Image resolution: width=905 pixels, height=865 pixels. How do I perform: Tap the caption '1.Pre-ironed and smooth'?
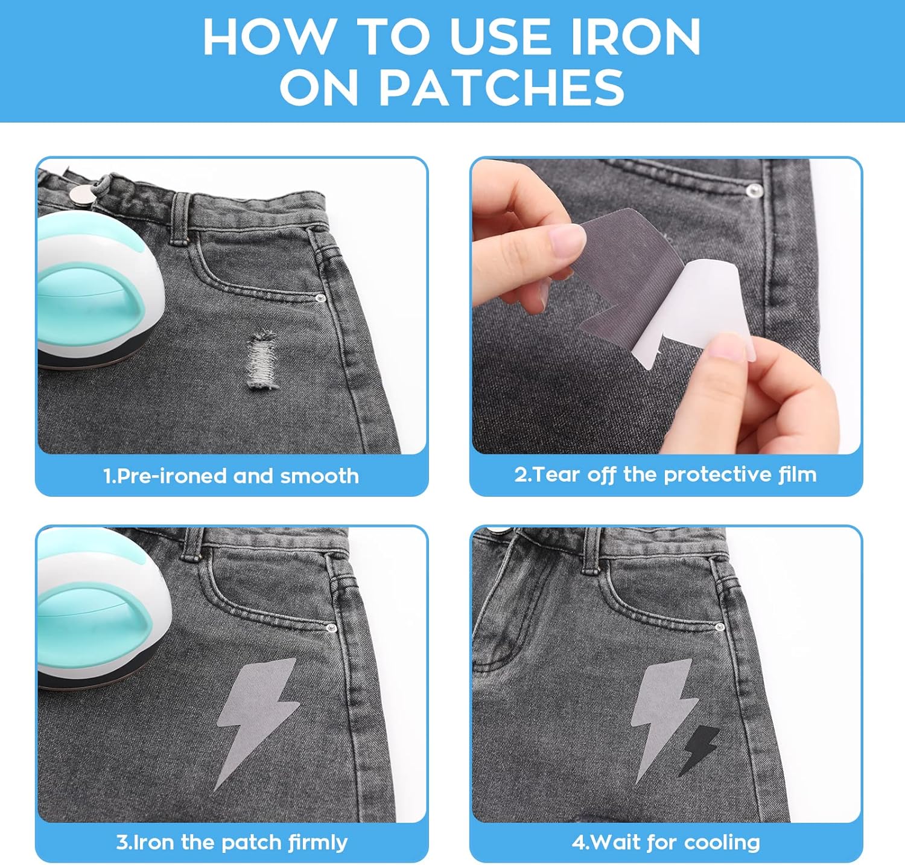[x=231, y=476]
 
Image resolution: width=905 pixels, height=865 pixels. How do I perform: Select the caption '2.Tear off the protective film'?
[x=665, y=474]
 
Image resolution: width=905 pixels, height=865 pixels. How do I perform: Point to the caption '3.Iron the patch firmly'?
[x=232, y=842]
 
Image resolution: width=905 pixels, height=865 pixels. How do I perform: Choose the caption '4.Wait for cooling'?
[x=666, y=842]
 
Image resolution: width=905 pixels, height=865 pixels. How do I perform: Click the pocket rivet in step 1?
[x=320, y=298]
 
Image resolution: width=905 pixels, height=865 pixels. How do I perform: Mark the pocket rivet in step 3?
[x=329, y=629]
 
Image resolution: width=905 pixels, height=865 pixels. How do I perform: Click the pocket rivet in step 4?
[x=719, y=628]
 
